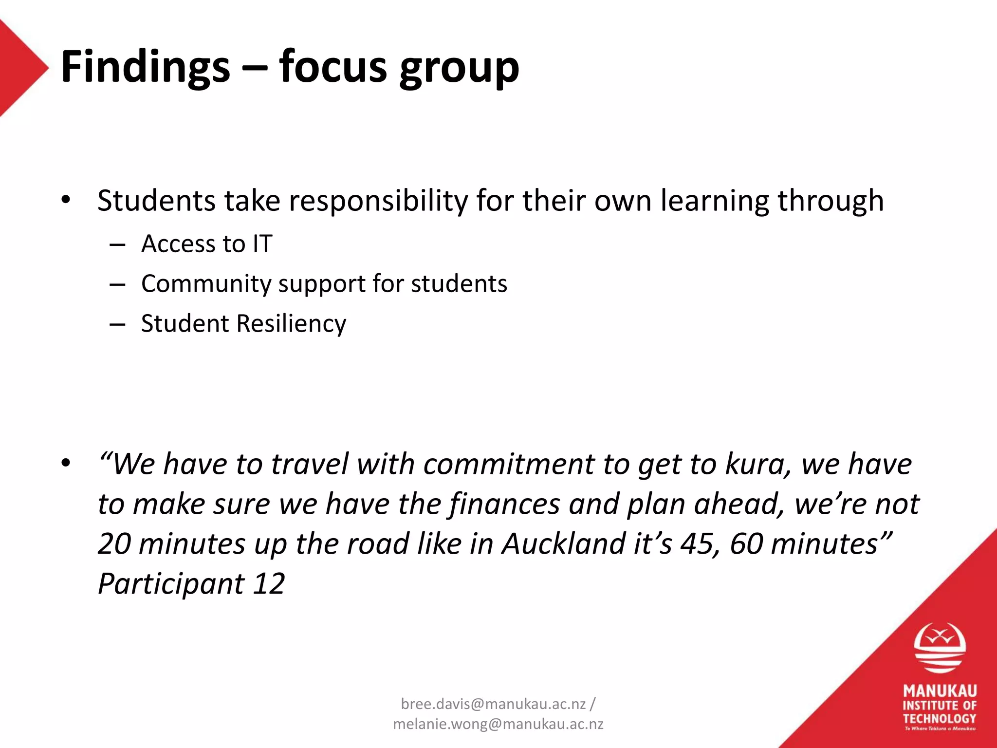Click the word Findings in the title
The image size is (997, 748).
pyautogui.click(x=145, y=67)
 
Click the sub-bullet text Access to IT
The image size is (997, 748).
pyautogui.click(x=206, y=243)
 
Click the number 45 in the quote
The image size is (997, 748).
pyautogui.click(x=697, y=544)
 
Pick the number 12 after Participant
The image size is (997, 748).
pyautogui.click(x=269, y=583)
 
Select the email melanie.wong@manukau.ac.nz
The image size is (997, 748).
pyautogui.click(x=498, y=725)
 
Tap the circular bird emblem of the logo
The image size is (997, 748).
pyautogui.click(x=940, y=648)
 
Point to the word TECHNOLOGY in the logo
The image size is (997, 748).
pyautogui.click(x=940, y=719)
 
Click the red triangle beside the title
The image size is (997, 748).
pyautogui.click(x=19, y=68)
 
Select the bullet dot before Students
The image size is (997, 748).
pyautogui.click(x=66, y=200)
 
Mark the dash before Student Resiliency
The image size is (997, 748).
pyautogui.click(x=117, y=324)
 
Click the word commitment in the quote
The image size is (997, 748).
pyautogui.click(x=508, y=464)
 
